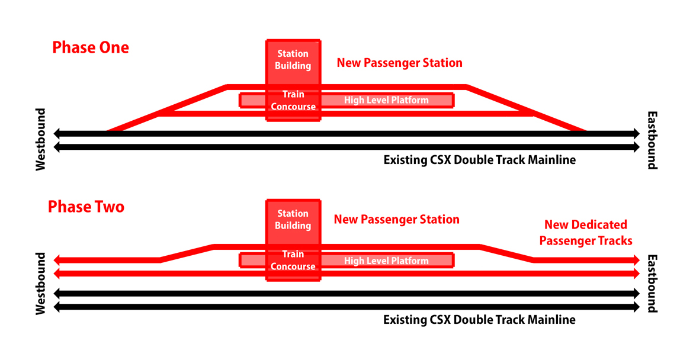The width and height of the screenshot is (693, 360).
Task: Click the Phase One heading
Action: (91, 47)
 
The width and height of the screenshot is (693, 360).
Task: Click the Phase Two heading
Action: (86, 207)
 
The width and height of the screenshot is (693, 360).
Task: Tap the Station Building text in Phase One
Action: (293, 59)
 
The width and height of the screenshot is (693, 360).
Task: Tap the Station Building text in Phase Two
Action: (293, 219)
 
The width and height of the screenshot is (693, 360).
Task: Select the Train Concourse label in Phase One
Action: (293, 100)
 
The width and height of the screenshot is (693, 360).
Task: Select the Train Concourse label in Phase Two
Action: (293, 260)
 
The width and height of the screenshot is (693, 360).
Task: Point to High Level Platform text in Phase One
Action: (386, 100)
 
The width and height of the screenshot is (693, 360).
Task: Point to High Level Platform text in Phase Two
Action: (386, 261)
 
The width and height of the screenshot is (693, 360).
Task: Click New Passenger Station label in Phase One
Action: (400, 63)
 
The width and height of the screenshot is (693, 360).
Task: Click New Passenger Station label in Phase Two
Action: (397, 220)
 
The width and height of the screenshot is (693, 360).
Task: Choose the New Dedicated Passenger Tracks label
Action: (586, 233)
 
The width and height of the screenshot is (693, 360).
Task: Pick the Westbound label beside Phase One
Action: (41, 139)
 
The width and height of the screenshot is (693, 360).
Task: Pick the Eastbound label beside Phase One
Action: (652, 140)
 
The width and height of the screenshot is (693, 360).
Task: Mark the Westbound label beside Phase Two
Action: (41, 284)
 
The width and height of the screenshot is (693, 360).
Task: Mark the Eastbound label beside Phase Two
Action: (652, 284)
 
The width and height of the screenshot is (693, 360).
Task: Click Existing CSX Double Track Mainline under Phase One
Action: (479, 160)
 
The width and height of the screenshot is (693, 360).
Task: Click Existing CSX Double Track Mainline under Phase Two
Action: (479, 320)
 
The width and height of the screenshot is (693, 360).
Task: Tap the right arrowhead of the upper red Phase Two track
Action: (636, 260)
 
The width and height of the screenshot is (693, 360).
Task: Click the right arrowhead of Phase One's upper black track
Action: (636, 134)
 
